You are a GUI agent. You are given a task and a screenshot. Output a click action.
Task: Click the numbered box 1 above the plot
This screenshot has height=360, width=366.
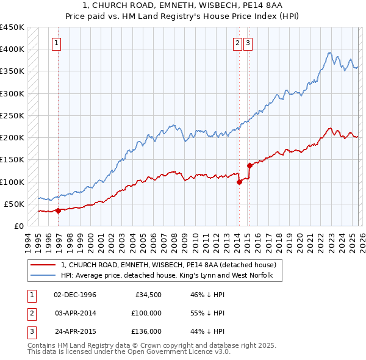[x=56, y=43]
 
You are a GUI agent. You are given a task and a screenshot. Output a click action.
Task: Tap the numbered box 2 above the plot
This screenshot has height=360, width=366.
[x=237, y=43]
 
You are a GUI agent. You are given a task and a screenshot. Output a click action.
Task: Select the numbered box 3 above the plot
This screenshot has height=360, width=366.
[x=248, y=43]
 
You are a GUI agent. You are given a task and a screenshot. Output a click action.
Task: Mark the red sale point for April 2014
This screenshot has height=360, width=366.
[x=239, y=182]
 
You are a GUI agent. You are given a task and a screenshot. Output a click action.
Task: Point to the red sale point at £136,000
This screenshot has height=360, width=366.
[x=249, y=165]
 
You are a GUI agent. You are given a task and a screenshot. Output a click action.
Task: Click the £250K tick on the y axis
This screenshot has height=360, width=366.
[x=12, y=115]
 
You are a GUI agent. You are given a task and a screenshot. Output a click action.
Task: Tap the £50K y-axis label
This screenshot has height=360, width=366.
[x=14, y=204]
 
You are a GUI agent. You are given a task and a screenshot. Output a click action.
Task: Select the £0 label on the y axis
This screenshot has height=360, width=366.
[x=19, y=226]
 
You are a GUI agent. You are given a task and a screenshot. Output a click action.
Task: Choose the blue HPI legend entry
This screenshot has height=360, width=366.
[x=171, y=276]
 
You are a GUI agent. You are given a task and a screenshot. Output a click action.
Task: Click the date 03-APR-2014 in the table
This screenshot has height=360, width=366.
[x=75, y=313]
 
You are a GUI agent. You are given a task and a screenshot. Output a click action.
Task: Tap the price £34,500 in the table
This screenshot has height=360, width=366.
[x=147, y=295]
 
